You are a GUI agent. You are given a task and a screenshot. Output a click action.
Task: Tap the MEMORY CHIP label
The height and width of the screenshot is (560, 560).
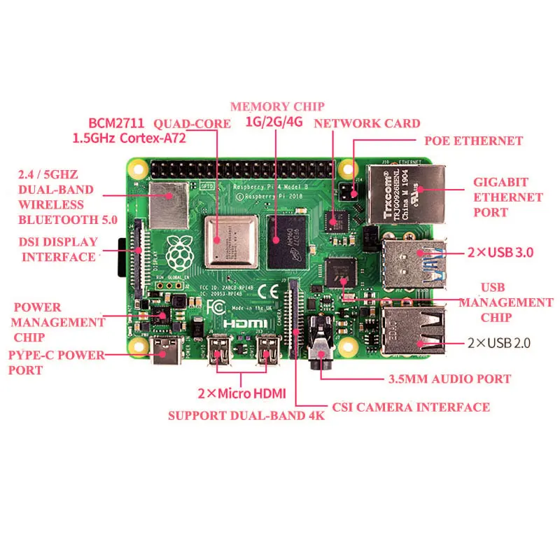(277, 106)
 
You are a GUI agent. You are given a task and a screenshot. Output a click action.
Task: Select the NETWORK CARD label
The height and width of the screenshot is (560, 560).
(367, 123)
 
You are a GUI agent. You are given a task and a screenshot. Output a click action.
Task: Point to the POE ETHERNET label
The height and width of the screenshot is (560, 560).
(474, 141)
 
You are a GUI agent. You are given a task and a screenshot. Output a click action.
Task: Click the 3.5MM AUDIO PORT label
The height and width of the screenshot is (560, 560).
(449, 379)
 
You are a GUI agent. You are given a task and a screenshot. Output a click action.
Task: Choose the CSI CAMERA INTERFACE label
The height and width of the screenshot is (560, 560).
(410, 407)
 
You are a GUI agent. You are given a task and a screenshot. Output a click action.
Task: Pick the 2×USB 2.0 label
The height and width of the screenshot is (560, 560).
(501, 343)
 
